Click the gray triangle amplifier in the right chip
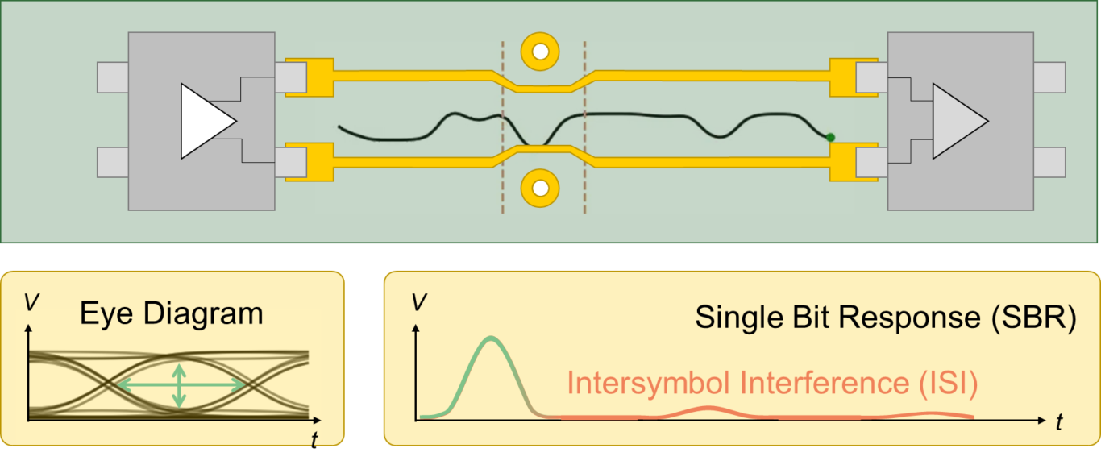pos(956,121)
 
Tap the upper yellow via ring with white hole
pos(540,52)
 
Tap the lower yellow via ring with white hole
pos(540,189)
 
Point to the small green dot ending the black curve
pos(830,138)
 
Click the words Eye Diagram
pos(172,313)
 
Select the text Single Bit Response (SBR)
pos(886,318)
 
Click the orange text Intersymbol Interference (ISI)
pos(772,384)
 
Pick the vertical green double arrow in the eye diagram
pos(180,385)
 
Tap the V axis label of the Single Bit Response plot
pos(418,302)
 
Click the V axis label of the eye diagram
pos(30,301)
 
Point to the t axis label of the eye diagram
pos(314,438)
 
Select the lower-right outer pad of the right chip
pos(1049,162)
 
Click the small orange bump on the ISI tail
pos(707,410)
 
